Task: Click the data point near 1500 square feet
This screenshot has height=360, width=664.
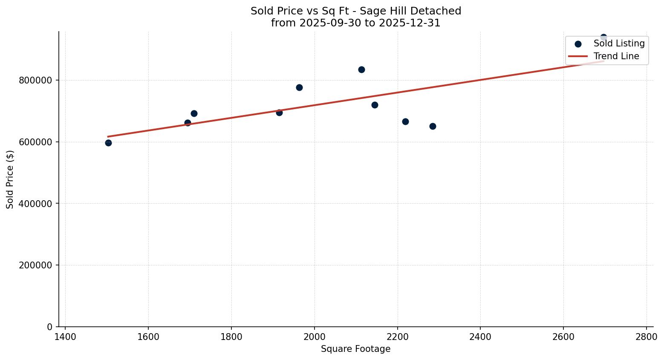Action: [x=108, y=143]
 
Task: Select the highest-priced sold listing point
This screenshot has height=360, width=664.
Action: [x=603, y=37]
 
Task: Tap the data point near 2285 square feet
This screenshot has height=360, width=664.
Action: [x=433, y=126]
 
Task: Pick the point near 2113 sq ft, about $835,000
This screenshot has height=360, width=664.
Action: [x=361, y=69]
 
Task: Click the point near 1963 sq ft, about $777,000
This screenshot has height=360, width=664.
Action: [x=299, y=87]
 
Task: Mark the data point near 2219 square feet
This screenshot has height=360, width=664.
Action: [x=405, y=121]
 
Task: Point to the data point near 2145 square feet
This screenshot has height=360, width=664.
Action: [x=375, y=105]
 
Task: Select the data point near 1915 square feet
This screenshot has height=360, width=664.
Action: [x=279, y=112]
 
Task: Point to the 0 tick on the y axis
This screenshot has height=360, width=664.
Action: [x=49, y=327]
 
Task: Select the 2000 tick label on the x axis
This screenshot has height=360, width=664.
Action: [x=315, y=337]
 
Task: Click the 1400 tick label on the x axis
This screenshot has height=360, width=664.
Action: [x=65, y=337]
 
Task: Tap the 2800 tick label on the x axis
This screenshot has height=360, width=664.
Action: [x=647, y=337]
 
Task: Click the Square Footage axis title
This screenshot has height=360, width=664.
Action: [x=355, y=349]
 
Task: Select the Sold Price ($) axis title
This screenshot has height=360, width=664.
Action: [x=10, y=179]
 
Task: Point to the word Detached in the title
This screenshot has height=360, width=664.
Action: [x=441, y=11]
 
